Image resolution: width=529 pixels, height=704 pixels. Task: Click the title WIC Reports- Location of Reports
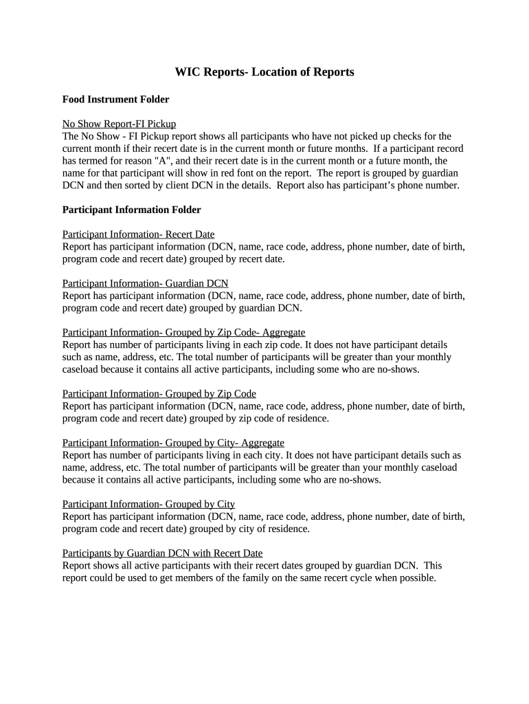pyautogui.click(x=264, y=72)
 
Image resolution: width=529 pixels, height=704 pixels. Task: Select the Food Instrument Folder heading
pyautogui.click(x=115, y=100)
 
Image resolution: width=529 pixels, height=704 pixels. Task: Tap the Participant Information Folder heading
pyautogui.click(x=131, y=210)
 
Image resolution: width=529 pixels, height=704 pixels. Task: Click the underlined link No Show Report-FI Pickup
pyautogui.click(x=119, y=124)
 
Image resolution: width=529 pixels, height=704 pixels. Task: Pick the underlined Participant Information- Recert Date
pyautogui.click(x=138, y=234)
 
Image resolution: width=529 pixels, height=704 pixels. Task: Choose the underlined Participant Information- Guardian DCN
pyautogui.click(x=145, y=283)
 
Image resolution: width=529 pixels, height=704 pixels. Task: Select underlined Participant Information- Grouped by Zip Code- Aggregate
pyautogui.click(x=183, y=332)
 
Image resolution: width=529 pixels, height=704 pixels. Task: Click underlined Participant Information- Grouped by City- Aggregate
pyautogui.click(x=173, y=443)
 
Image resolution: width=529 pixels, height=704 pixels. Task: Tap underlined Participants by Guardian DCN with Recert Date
pyautogui.click(x=162, y=553)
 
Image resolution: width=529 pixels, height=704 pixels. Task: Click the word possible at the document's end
pyautogui.click(x=415, y=578)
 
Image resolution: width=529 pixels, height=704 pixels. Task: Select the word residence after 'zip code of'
pyautogui.click(x=308, y=419)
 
